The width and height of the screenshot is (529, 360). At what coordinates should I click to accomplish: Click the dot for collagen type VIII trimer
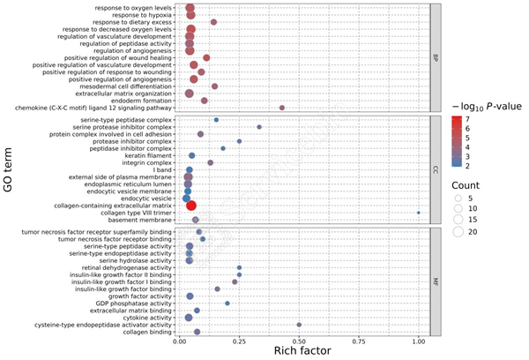coord(418,212)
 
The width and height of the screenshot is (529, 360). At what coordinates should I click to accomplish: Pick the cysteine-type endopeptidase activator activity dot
coord(299,325)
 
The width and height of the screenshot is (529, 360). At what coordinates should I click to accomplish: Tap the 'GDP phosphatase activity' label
coord(136,303)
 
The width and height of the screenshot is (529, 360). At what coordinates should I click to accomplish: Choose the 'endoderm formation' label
coord(144,100)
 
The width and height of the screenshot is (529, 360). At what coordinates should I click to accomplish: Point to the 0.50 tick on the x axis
coord(299,340)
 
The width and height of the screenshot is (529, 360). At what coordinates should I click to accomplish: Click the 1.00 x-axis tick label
coord(418,340)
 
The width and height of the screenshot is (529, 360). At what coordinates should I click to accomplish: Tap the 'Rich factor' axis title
coord(303,351)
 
